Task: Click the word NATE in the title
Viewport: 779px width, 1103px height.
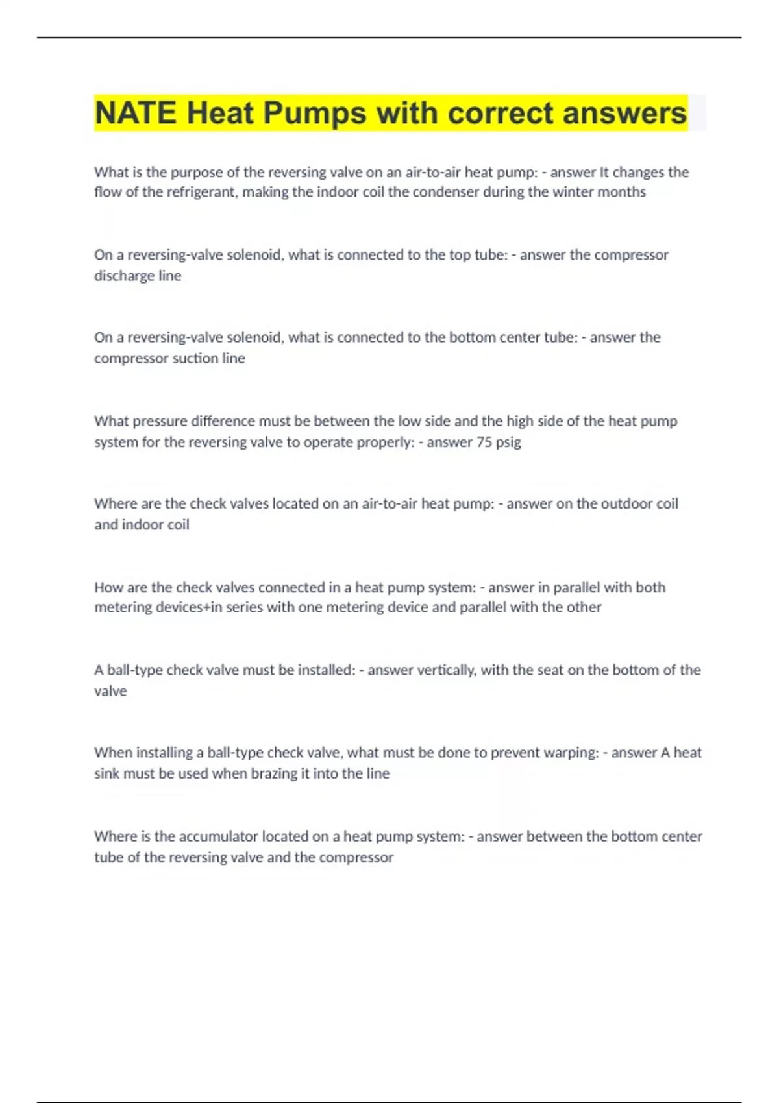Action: click(x=135, y=113)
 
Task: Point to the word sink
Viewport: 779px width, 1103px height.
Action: click(x=108, y=773)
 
